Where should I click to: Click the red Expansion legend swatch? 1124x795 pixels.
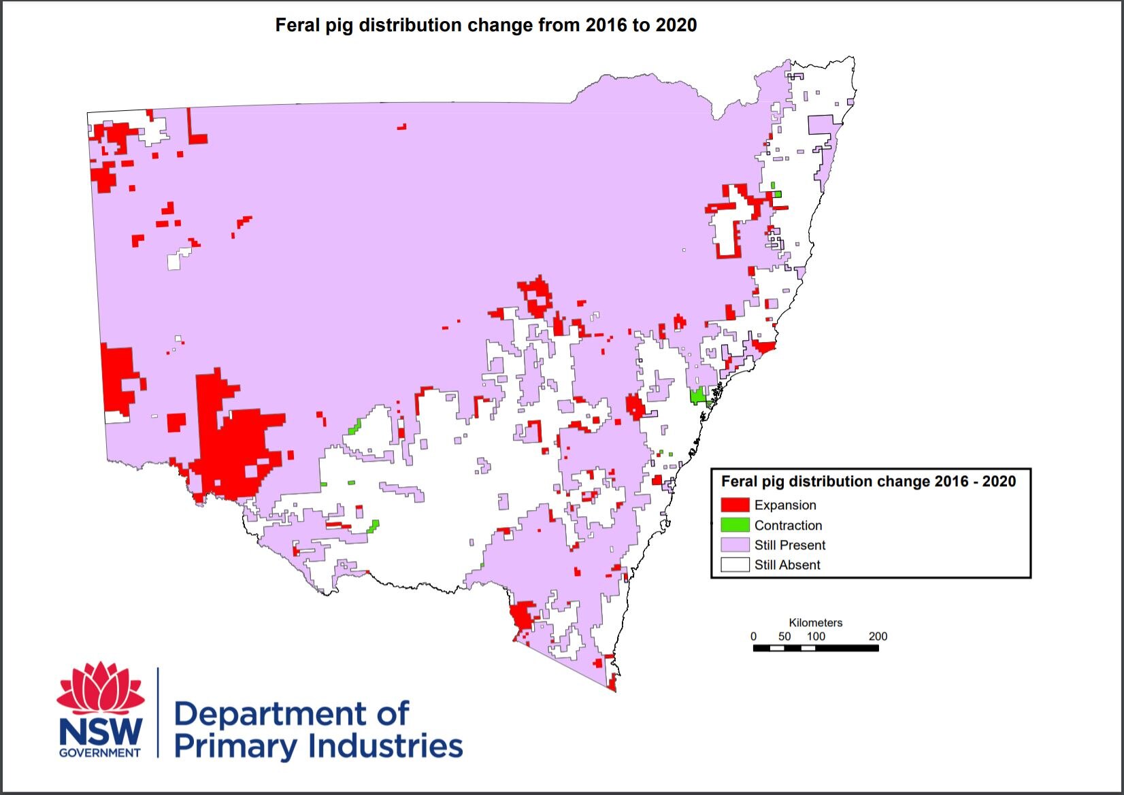click(x=735, y=505)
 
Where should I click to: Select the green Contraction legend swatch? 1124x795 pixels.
click(x=735, y=525)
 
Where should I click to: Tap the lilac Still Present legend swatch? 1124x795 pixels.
click(x=735, y=545)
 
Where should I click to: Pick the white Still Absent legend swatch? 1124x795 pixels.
click(x=735, y=564)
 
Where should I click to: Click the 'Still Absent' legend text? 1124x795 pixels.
click(x=787, y=565)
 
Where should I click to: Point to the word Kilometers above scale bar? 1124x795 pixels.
click(x=815, y=622)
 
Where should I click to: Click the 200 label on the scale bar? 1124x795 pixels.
click(x=878, y=637)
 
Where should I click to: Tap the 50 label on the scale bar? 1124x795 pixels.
click(x=784, y=637)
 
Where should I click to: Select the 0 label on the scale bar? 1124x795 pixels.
click(x=753, y=637)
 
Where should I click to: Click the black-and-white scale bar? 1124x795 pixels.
click(x=816, y=648)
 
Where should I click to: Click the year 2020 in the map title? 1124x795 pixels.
click(x=676, y=25)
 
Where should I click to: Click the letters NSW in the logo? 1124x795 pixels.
click(x=101, y=732)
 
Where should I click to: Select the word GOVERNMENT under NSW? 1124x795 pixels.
click(x=100, y=753)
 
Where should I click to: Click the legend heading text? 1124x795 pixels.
click(x=868, y=481)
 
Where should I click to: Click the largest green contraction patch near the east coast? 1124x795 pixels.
click(x=697, y=395)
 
